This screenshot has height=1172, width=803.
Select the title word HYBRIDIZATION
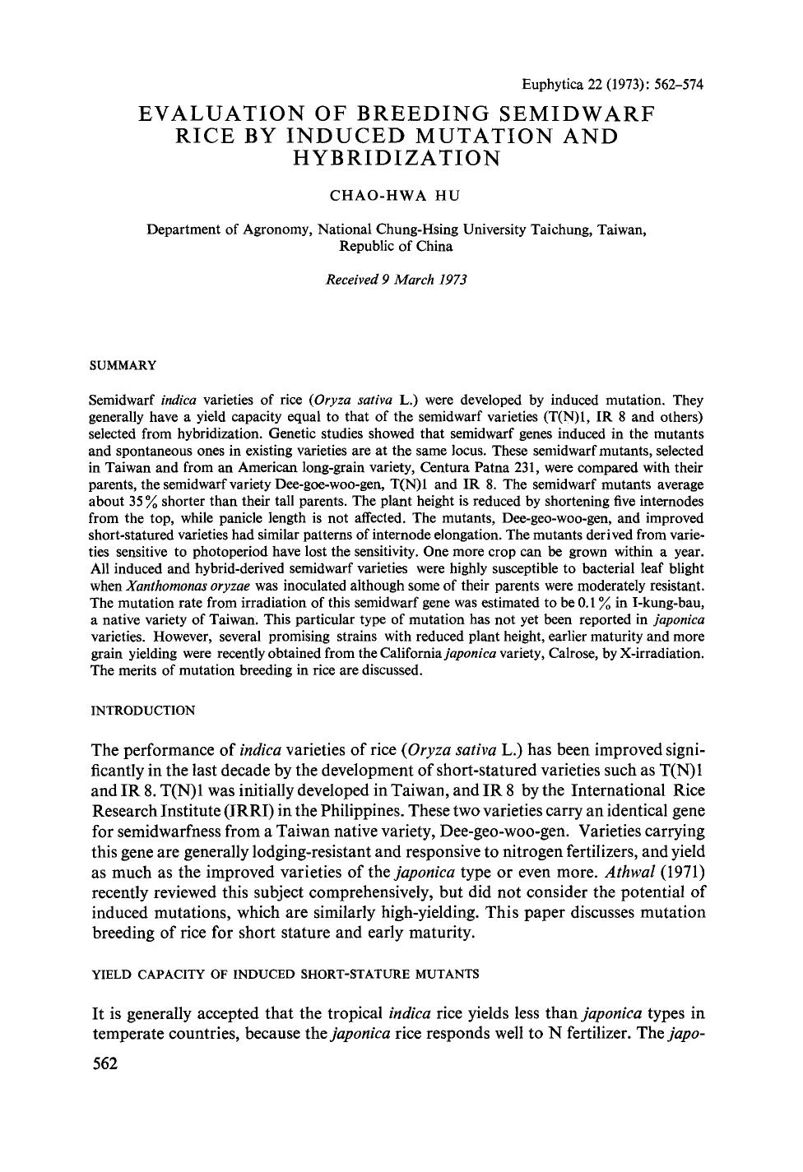click(396, 159)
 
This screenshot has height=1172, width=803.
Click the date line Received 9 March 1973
click(396, 280)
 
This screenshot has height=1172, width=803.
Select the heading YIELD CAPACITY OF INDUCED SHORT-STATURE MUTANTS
click(284, 974)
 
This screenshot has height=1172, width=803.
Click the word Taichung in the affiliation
click(559, 229)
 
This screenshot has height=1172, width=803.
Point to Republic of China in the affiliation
click(396, 246)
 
